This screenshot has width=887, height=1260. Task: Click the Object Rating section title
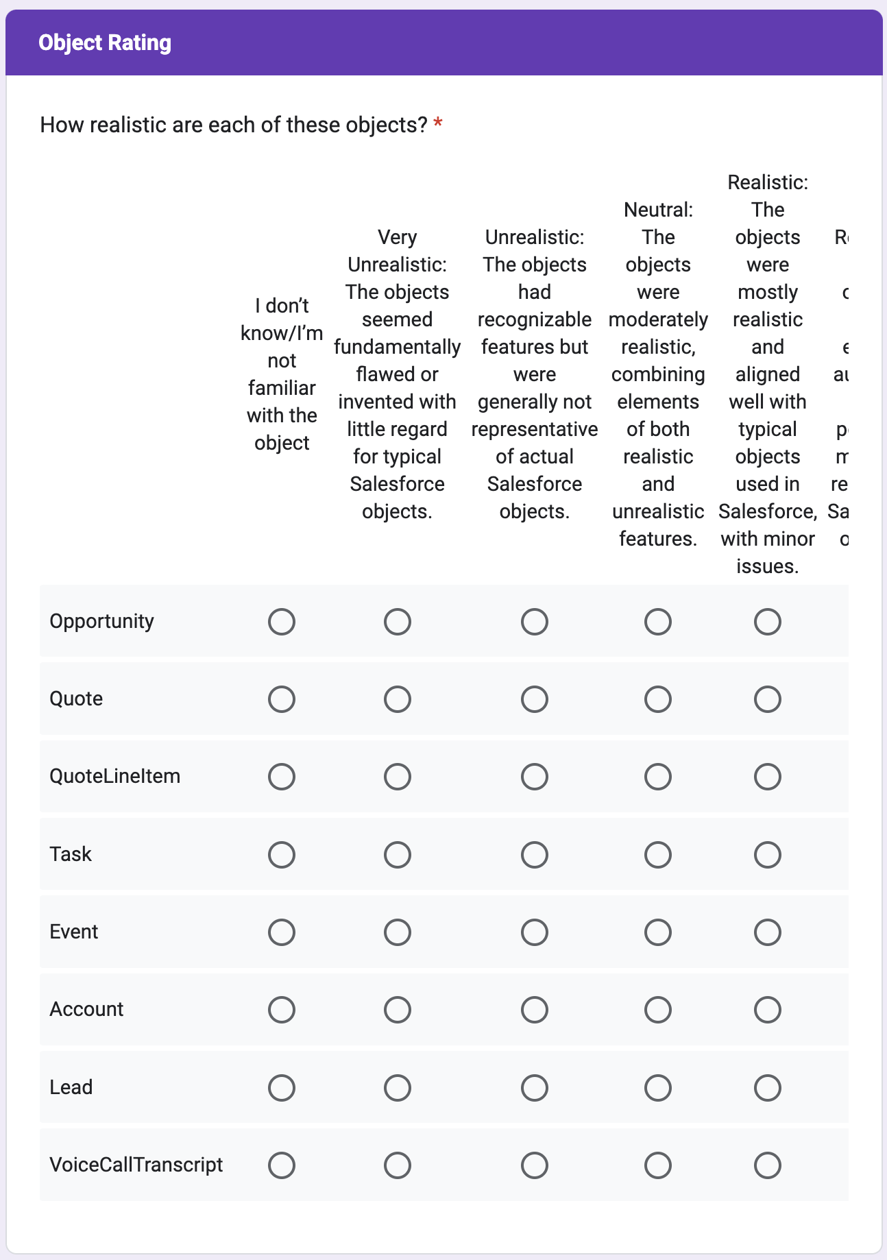105,43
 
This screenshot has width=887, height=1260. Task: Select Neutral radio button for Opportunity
657,622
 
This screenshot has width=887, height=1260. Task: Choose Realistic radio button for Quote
767,699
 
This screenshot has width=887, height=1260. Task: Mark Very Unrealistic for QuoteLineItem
397,777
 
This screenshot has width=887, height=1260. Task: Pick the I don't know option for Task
282,855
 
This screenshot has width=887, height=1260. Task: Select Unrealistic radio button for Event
534,932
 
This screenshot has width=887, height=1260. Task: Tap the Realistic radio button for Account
767,1010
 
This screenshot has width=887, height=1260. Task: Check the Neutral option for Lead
657,1088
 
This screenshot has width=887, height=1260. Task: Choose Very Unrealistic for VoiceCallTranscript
397,1165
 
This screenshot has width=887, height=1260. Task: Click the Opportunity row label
101,621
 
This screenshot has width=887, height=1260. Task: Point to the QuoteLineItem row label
114,776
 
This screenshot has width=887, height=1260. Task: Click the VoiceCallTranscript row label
136,1165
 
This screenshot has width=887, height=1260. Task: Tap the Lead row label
71,1087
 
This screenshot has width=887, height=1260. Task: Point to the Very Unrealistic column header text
397,251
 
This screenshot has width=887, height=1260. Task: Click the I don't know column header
282,374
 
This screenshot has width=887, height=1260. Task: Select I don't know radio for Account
282,1010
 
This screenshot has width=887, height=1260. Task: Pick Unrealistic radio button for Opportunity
534,622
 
